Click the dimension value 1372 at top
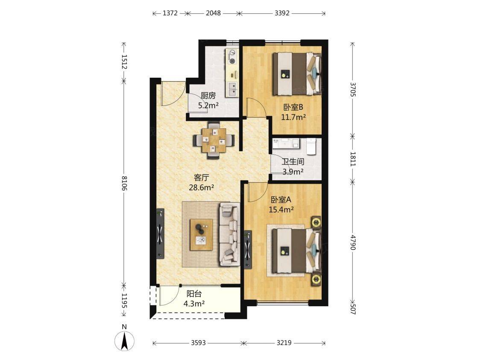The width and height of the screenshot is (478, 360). click(170, 13)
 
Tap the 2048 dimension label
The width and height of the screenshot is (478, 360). click(213, 13)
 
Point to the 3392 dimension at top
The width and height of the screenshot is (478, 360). click(282, 13)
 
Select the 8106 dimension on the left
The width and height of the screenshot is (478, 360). click(124, 183)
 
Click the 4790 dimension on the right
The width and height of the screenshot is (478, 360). click(353, 242)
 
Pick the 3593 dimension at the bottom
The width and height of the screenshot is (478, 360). click(199, 343)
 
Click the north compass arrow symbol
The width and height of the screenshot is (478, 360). click(124, 340)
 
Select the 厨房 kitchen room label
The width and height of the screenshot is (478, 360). click(208, 96)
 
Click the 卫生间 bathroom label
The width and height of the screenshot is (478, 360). click(293, 161)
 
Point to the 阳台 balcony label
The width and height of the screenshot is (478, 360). click(194, 294)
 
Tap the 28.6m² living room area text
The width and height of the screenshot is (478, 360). click(201, 187)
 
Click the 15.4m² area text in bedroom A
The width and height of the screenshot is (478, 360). click(281, 209)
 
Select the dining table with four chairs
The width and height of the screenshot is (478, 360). click(214, 140)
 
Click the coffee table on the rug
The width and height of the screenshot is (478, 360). click(201, 235)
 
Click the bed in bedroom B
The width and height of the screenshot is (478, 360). click(297, 73)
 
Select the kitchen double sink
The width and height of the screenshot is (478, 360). click(232, 89)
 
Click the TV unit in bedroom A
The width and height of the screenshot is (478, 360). click(248, 249)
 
